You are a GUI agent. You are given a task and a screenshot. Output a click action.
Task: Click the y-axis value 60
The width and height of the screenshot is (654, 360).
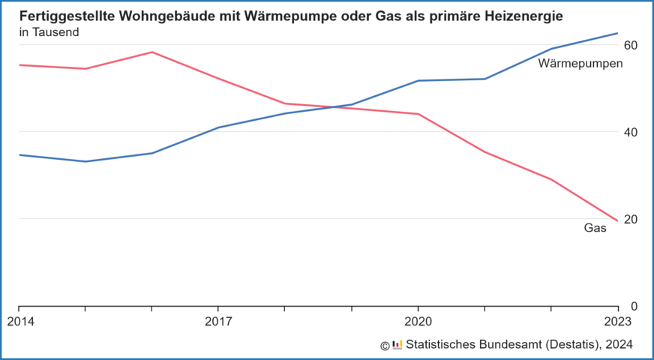(631, 45)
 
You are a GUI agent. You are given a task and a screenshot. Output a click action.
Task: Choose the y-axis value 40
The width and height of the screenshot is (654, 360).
(631, 132)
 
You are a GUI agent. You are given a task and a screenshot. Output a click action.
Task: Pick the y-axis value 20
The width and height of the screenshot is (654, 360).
(631, 219)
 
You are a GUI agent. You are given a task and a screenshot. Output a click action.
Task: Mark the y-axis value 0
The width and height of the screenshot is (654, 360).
(634, 306)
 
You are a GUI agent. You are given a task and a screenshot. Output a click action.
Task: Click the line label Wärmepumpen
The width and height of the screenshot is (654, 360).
(580, 64)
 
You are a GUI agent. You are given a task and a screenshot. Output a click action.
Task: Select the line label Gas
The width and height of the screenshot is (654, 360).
(595, 228)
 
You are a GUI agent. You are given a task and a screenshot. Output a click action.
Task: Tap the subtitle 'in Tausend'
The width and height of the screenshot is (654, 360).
(49, 32)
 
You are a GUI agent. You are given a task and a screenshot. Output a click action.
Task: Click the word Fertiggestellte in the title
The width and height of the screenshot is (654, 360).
(66, 16)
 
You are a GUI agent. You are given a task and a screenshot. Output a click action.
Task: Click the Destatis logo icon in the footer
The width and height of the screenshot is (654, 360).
(397, 344)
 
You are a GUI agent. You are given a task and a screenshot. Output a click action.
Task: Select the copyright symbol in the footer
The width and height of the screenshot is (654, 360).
(385, 345)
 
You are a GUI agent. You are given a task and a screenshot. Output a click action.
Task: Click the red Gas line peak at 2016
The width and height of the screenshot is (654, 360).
(151, 52)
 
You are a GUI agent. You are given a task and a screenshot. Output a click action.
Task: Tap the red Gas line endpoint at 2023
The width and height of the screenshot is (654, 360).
(617, 220)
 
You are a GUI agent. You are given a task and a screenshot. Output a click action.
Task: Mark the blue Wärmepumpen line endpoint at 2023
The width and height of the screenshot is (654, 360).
(617, 33)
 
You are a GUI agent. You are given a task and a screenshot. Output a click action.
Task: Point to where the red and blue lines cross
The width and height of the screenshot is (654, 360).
(341, 107)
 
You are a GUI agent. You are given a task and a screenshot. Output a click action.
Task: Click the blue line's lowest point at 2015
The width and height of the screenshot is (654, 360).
(85, 161)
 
